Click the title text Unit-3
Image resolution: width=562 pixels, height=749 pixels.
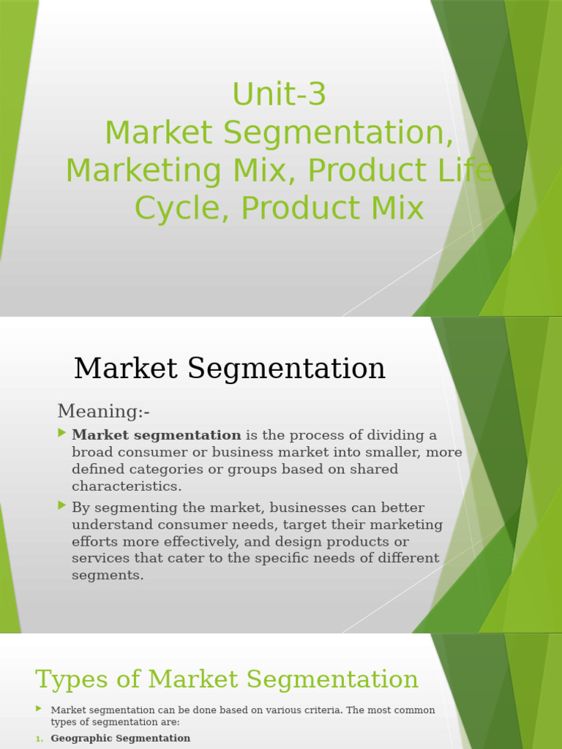tap(279, 94)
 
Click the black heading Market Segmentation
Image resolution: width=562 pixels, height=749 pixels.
tap(230, 368)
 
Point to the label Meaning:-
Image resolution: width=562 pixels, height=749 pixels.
tap(104, 411)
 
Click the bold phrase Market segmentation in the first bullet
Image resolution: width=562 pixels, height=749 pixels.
tap(156, 435)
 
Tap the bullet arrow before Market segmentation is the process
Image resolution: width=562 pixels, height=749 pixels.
tap(62, 434)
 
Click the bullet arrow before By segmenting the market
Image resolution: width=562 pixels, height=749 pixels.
tap(62, 506)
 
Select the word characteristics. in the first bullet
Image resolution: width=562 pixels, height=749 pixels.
tap(127, 486)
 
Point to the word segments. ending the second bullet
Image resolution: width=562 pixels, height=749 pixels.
tap(108, 575)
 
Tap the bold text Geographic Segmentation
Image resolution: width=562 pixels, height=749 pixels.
tap(120, 738)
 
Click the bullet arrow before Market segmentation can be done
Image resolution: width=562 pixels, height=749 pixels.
tap(39, 709)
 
